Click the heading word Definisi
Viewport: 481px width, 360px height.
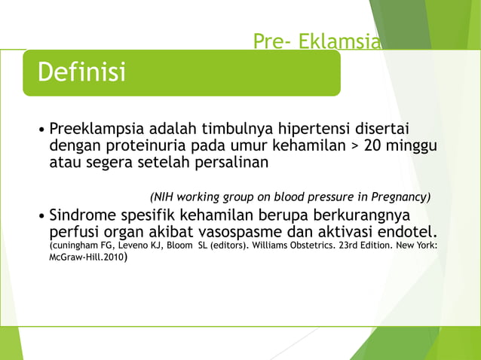tap(81, 73)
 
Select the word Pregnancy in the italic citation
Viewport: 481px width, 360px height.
tap(400, 197)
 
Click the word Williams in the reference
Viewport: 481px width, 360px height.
tap(286, 246)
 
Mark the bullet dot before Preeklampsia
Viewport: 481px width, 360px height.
tap(41, 128)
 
